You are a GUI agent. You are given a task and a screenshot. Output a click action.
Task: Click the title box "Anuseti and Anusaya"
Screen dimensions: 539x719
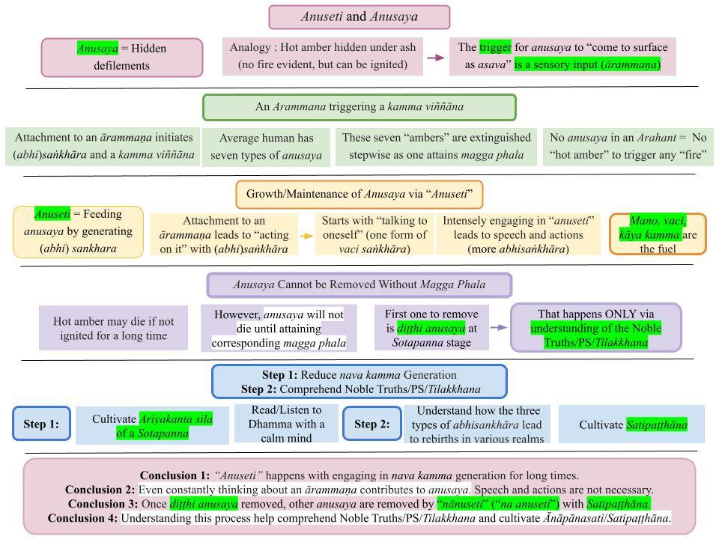359,16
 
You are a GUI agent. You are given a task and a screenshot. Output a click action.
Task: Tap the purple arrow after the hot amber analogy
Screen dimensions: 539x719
434,57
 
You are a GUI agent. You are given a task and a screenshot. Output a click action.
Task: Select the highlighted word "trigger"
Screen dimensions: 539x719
495,47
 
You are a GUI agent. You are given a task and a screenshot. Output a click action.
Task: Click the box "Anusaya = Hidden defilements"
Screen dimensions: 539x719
122,57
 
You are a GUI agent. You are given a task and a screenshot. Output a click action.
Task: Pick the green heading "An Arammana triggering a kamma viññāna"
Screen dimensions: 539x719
359,107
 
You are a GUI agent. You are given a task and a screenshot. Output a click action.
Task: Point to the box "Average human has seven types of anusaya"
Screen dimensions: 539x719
266,147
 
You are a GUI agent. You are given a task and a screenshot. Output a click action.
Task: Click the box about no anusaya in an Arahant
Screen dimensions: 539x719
628,147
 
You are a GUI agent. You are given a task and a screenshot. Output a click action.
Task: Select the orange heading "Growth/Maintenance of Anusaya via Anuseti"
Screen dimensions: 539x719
359,195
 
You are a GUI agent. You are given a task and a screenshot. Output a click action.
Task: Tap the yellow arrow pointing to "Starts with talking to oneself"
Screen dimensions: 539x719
306,235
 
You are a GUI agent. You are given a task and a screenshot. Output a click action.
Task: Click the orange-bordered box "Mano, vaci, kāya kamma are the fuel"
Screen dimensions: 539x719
658,234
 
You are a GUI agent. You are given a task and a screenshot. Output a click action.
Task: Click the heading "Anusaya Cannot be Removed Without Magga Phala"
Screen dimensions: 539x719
359,284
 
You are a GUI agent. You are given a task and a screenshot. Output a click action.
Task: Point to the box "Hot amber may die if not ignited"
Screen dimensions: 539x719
114,328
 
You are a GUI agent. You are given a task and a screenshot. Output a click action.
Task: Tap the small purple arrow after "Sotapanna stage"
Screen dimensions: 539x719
499,328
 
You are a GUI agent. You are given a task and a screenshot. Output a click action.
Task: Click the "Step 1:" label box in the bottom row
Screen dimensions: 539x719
41,424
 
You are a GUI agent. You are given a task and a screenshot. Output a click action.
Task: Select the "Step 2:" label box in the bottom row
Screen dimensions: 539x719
371,424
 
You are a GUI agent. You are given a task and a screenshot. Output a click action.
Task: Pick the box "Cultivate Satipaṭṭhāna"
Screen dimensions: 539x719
632,424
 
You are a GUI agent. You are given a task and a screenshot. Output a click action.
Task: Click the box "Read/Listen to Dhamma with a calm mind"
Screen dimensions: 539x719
286,424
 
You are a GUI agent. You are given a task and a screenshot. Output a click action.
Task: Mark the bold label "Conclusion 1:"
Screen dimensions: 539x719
175,475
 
